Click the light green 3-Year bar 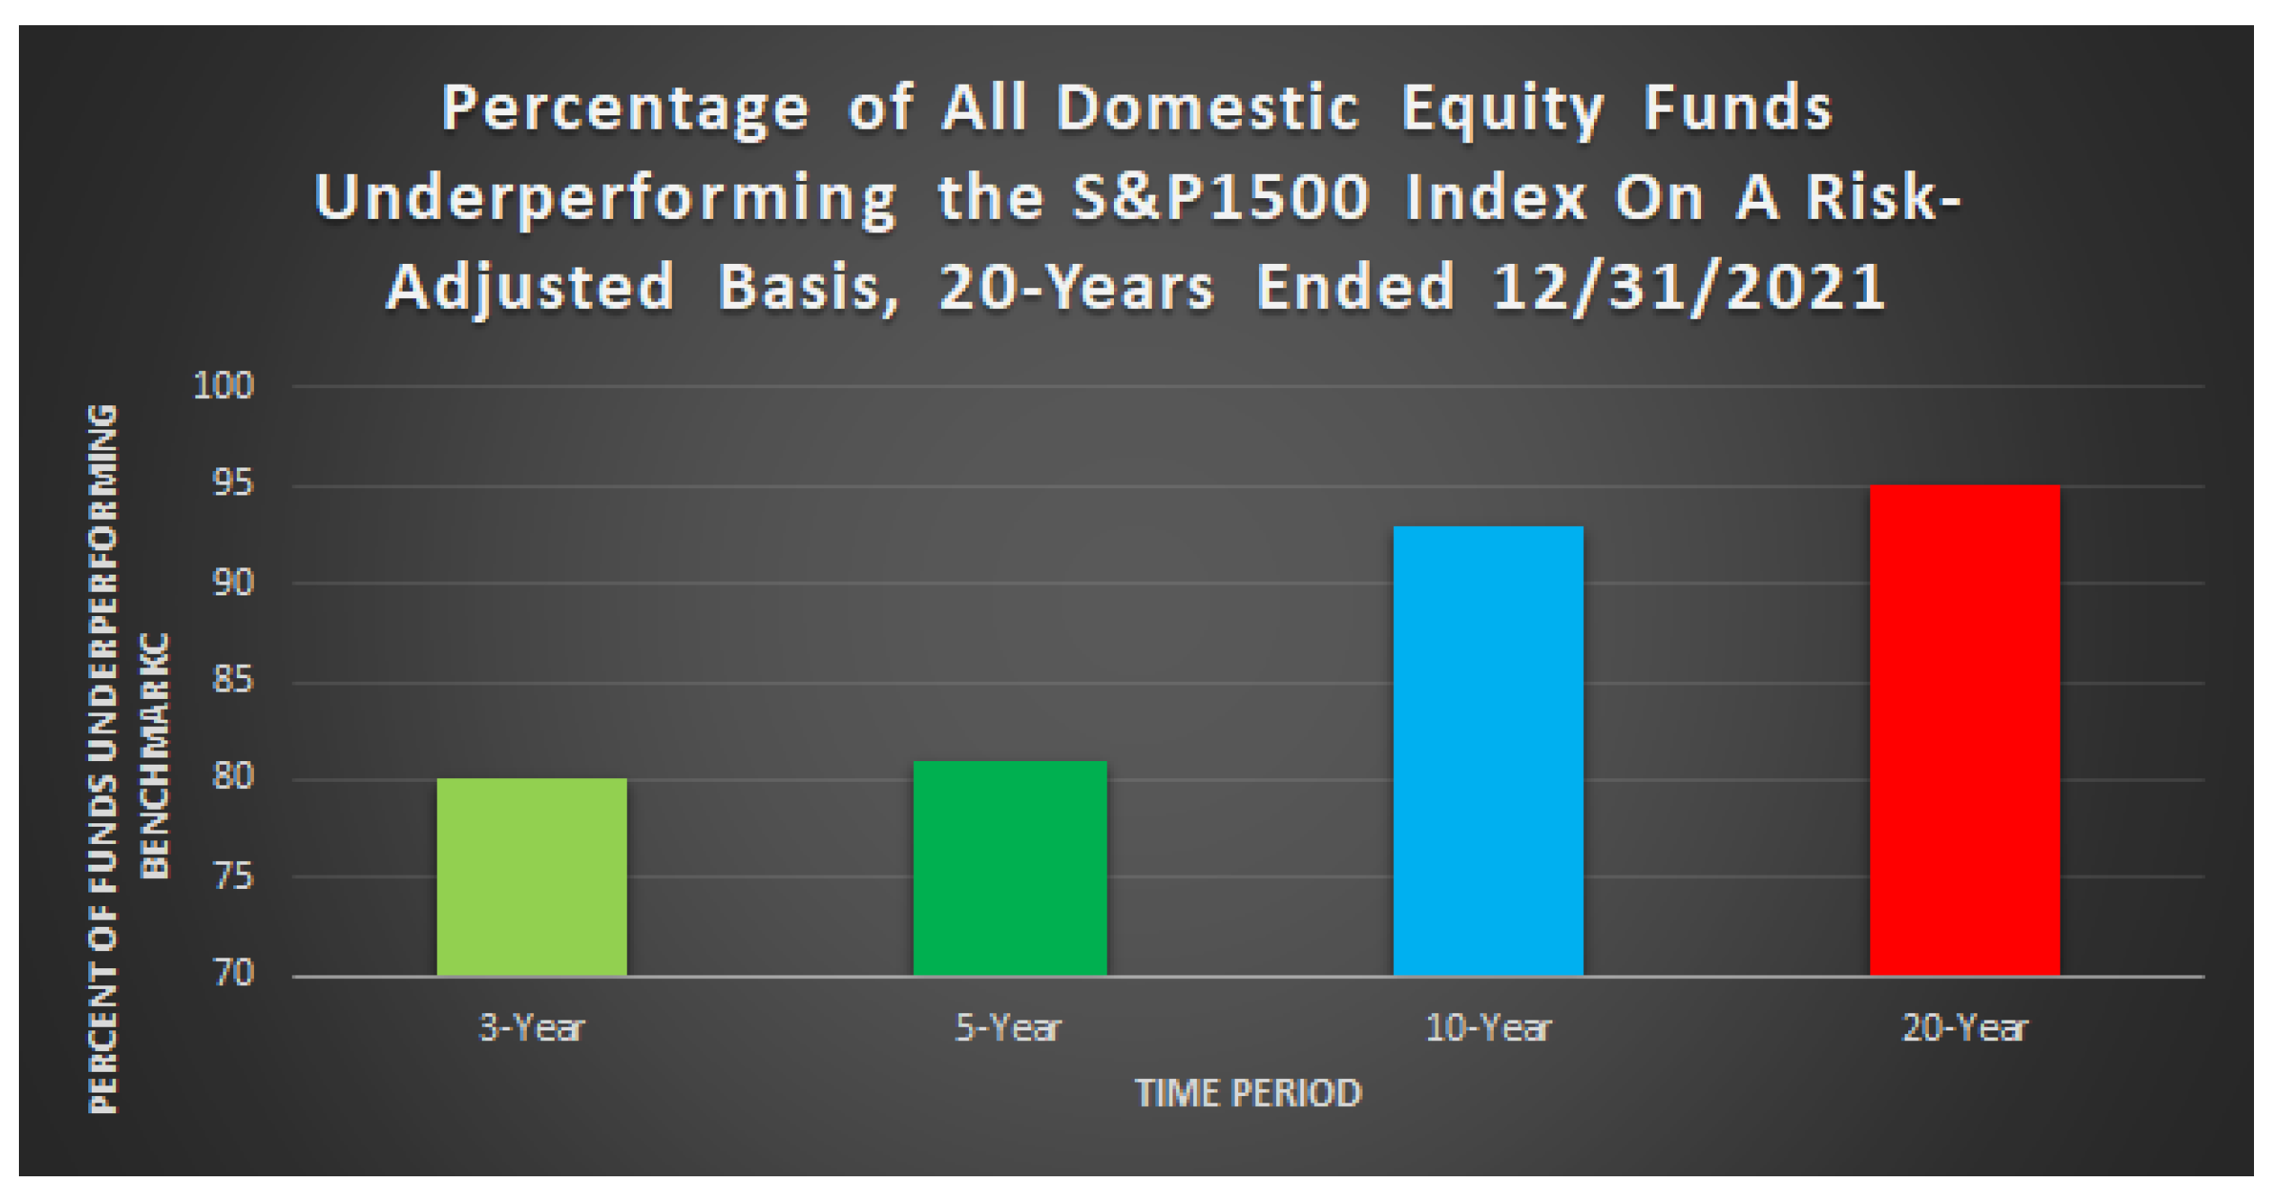[531, 876]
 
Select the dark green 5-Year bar [1009, 868]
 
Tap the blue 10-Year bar [1488, 751]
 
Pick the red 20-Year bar [1965, 730]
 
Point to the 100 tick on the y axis [224, 385]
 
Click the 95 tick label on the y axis [233, 484]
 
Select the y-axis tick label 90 [233, 582]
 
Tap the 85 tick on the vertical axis [233, 680]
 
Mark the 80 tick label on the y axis [233, 776]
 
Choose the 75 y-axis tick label [233, 875]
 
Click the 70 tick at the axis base [233, 973]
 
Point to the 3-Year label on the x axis [531, 1028]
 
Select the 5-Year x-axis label [1009, 1028]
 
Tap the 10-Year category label [1488, 1028]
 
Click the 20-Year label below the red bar [1965, 1028]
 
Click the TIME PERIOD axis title [1249, 1093]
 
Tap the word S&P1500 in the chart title [1220, 197]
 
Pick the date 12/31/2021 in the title [1688, 287]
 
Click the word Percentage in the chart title [625, 109]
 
